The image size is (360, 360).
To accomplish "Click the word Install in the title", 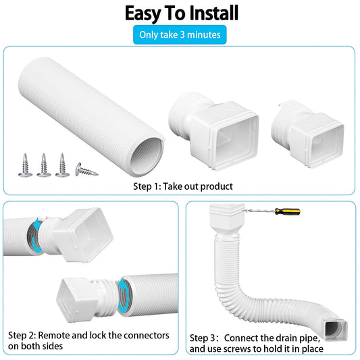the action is (213, 14).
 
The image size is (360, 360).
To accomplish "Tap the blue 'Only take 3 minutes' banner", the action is (180, 34).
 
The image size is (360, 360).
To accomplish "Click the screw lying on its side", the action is (86, 170).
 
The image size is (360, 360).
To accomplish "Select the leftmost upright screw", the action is (25, 165).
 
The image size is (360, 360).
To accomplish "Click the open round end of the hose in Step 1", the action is (147, 157).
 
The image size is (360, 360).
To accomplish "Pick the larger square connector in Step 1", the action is (214, 130).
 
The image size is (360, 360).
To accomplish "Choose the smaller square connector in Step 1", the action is (307, 134).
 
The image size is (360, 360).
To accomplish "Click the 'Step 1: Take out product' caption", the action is (183, 186).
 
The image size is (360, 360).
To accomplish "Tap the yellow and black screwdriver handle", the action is (288, 211).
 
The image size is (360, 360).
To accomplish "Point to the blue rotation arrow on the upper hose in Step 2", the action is (36, 236).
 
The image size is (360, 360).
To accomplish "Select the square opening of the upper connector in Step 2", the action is (91, 234).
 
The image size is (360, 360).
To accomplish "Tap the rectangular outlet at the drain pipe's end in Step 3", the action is (336, 329).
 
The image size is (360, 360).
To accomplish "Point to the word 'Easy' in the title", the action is (143, 14).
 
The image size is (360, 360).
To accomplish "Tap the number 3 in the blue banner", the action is (182, 34).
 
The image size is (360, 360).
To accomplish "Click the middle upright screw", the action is (44, 165).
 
